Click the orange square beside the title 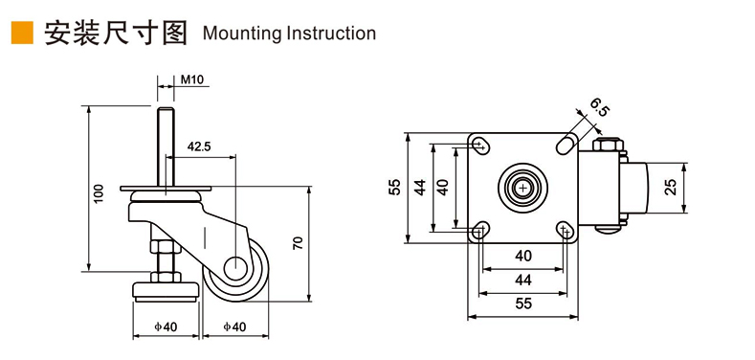coord(22,33)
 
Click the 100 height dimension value coord(99,193)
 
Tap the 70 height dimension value coord(298,242)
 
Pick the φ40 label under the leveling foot coord(166,326)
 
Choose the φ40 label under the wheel coord(234,326)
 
